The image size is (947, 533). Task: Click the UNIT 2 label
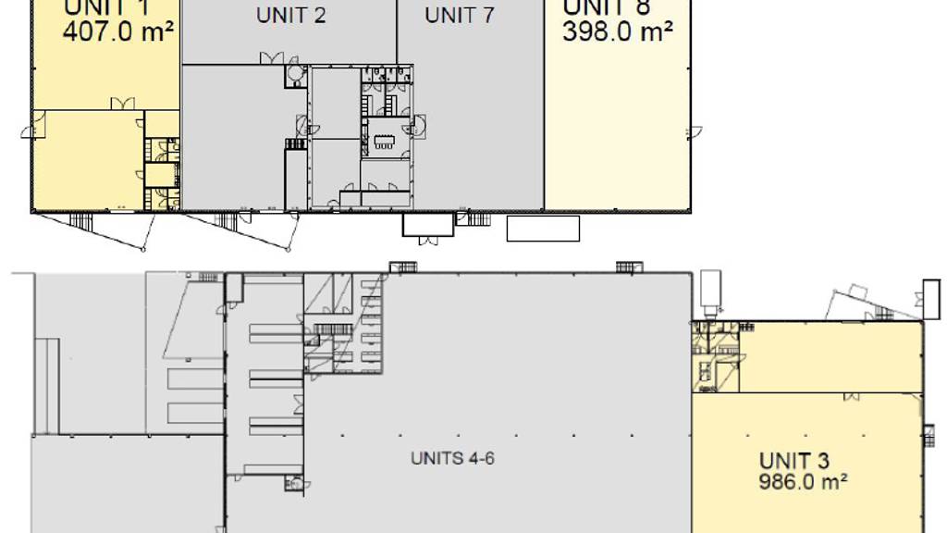pyautogui.click(x=290, y=16)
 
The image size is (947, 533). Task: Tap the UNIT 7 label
pyautogui.click(x=460, y=16)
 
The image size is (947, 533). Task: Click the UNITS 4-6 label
pyautogui.click(x=452, y=458)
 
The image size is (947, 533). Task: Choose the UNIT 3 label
pyautogui.click(x=793, y=461)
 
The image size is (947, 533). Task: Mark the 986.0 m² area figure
pyautogui.click(x=804, y=482)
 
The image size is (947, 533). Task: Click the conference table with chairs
pyautogui.click(x=383, y=142)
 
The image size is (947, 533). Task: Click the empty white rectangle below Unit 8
pyautogui.click(x=543, y=228)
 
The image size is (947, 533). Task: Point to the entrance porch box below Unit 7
pyautogui.click(x=427, y=224)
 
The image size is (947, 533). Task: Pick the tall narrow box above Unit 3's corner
pyautogui.click(x=710, y=291)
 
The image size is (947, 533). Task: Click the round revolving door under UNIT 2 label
pyautogui.click(x=295, y=73)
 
